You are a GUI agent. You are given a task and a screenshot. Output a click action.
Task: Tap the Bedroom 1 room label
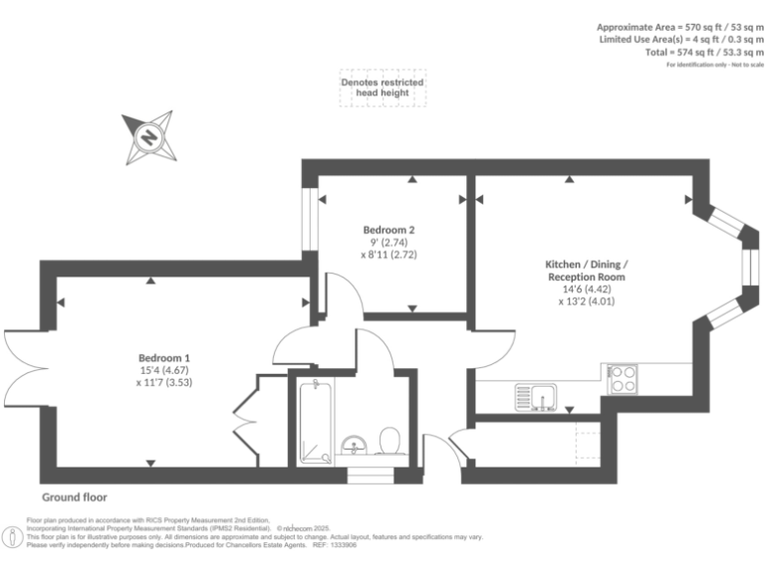tap(164, 358)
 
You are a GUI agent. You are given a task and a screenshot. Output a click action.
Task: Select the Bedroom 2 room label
tap(388, 230)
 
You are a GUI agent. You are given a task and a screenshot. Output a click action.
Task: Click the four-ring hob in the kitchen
tap(624, 379)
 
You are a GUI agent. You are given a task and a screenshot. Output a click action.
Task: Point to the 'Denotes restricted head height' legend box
tap(382, 88)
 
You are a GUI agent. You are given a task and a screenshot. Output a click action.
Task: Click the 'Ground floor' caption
tap(75, 497)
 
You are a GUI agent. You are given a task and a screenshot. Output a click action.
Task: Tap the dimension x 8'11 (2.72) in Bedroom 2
tap(388, 255)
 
